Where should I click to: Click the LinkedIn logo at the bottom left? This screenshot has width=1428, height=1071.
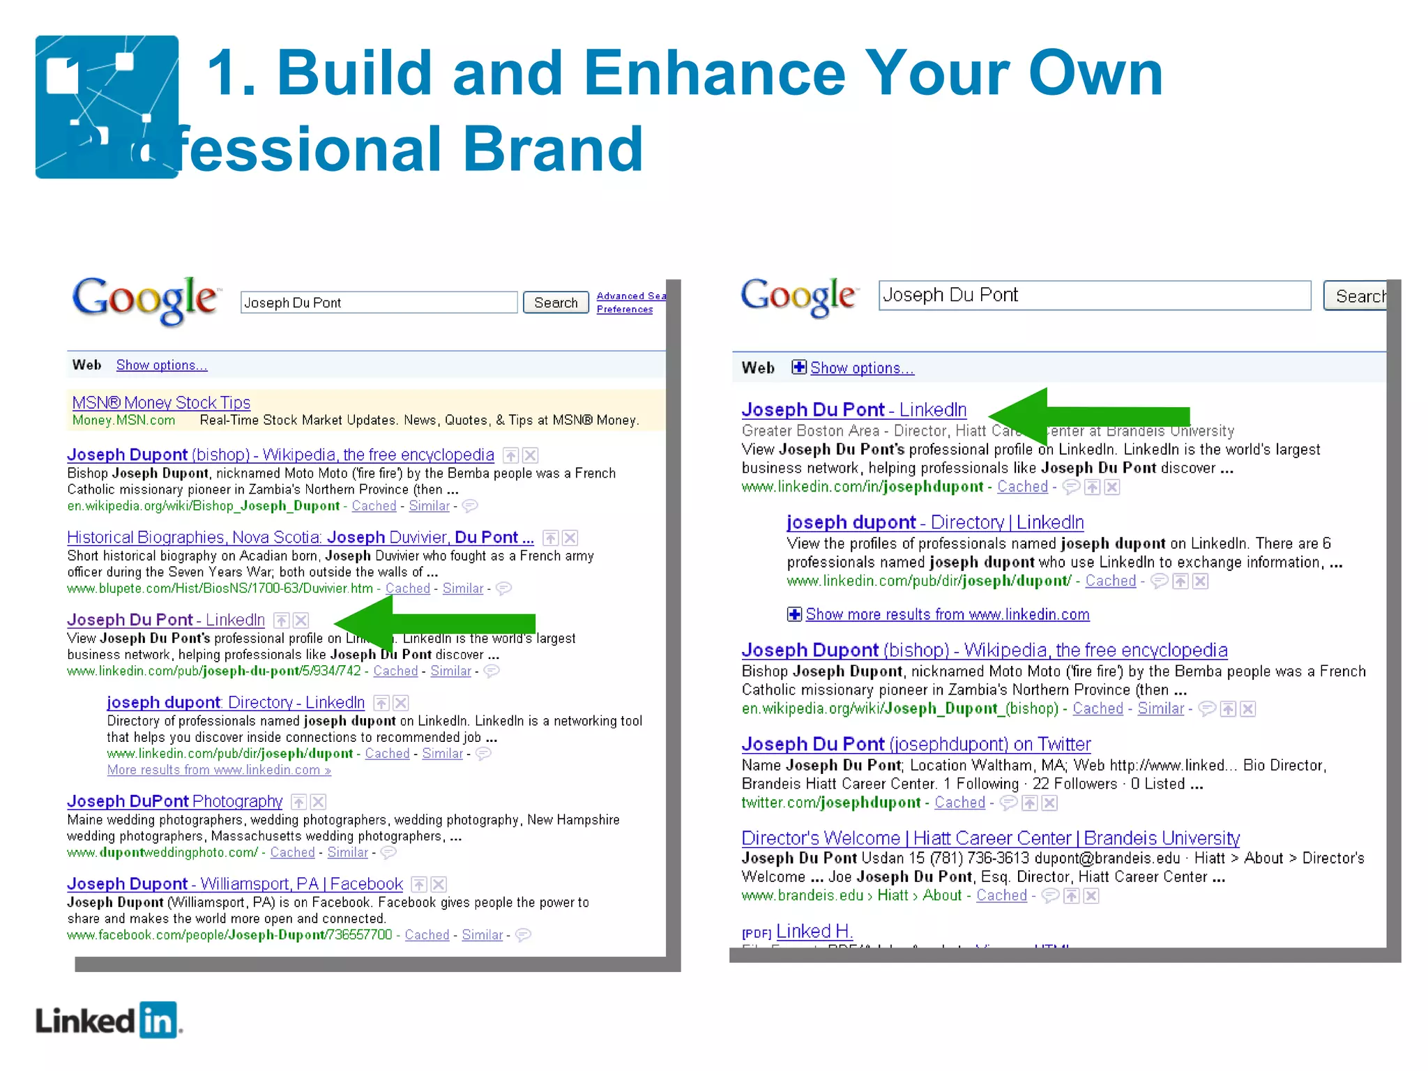pos(108,1021)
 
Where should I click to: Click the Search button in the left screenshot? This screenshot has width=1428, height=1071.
pos(556,303)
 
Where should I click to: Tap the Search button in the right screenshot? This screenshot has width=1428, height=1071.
pos(1357,296)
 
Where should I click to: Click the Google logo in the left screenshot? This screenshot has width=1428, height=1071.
pos(145,300)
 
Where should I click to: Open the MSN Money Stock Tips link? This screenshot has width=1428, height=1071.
pos(161,402)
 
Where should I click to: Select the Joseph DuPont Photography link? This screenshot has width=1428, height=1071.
pos(175,801)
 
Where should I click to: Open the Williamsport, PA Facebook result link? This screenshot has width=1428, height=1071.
pos(235,883)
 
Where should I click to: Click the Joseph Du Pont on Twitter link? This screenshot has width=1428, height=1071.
pos(916,744)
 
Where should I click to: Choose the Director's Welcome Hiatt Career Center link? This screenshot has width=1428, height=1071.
pos(990,837)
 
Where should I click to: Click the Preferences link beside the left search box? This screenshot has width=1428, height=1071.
pos(625,310)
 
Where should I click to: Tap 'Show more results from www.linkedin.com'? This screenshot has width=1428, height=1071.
pos(947,614)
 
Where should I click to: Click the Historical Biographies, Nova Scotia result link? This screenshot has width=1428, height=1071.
pos(300,538)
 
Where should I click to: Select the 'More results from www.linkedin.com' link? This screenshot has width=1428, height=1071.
pos(219,770)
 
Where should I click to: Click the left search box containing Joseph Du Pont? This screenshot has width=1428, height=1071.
pos(379,303)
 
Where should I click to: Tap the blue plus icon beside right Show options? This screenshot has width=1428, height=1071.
pos(798,367)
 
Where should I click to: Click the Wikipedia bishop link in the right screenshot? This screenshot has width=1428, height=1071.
pos(984,650)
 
